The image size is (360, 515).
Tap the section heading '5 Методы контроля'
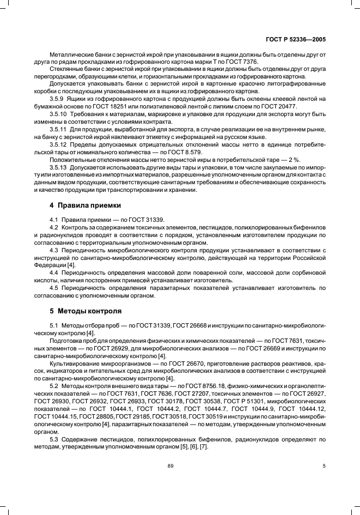83,311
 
